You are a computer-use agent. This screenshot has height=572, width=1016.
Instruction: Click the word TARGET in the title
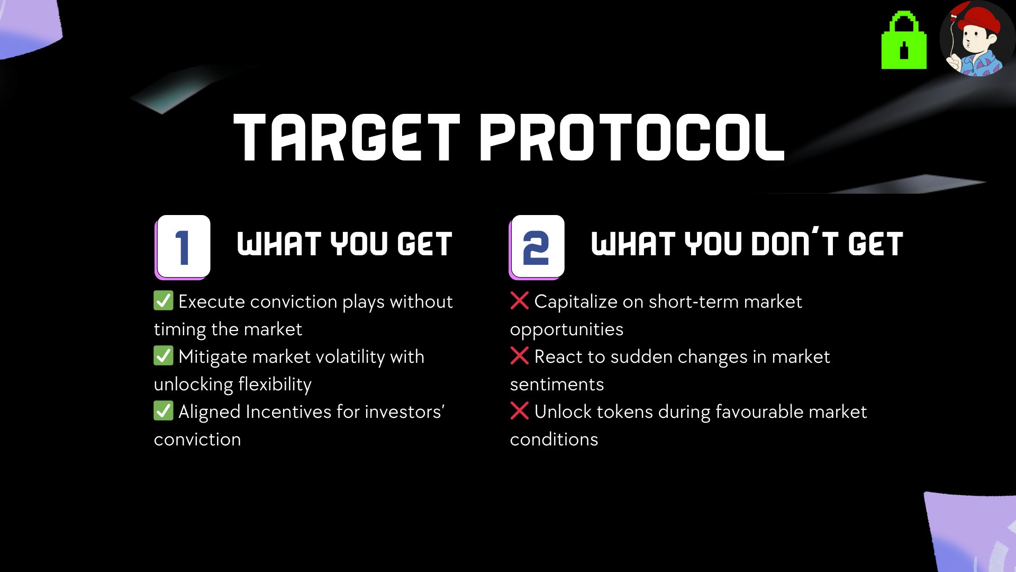click(347, 137)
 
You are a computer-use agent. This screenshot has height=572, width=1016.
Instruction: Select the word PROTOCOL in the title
click(632, 137)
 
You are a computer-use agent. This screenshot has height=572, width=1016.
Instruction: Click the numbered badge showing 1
click(183, 247)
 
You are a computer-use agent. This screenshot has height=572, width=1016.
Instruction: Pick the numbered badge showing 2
click(537, 247)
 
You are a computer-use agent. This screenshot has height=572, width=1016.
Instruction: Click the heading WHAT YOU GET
click(344, 244)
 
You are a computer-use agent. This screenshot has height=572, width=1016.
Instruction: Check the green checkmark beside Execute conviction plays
click(164, 300)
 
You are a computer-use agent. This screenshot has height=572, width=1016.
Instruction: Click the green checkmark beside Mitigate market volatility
click(164, 355)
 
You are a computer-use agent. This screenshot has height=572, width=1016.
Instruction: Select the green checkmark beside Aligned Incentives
click(164, 410)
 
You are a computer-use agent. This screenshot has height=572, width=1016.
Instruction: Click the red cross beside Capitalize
click(520, 300)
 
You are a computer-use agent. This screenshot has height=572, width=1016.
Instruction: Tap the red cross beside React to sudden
click(520, 355)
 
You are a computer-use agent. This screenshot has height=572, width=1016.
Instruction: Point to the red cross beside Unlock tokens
click(520, 410)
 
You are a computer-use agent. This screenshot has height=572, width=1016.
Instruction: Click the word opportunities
click(567, 330)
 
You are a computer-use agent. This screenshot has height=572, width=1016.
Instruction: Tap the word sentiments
click(557, 385)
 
